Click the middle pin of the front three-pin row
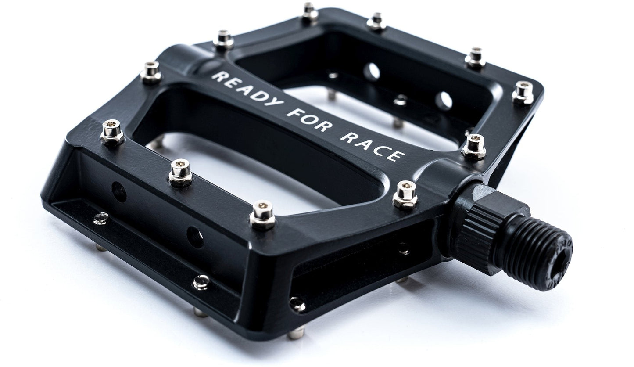click(180, 172)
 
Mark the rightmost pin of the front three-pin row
click(262, 214)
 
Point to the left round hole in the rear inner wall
click(372, 72)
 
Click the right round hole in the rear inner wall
click(444, 101)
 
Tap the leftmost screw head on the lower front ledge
click(101, 218)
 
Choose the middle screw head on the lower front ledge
click(201, 282)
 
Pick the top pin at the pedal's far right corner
click(522, 93)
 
